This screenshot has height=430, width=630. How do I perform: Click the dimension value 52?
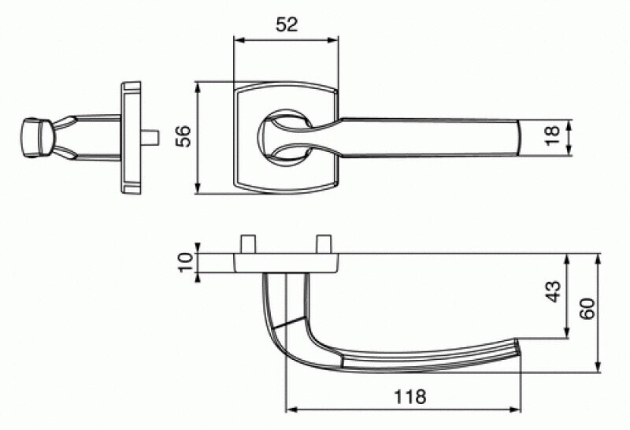click(x=287, y=24)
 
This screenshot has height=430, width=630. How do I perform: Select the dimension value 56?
click(x=183, y=135)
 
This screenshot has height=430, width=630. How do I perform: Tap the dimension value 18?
click(x=553, y=135)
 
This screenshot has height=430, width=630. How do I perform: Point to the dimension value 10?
click(x=186, y=262)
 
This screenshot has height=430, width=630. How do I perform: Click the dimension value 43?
click(x=554, y=291)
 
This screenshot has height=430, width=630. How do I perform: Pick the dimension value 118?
click(x=409, y=397)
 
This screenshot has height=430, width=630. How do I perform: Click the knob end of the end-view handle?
click(x=36, y=138)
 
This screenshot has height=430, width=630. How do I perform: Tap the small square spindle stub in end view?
click(x=154, y=138)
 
